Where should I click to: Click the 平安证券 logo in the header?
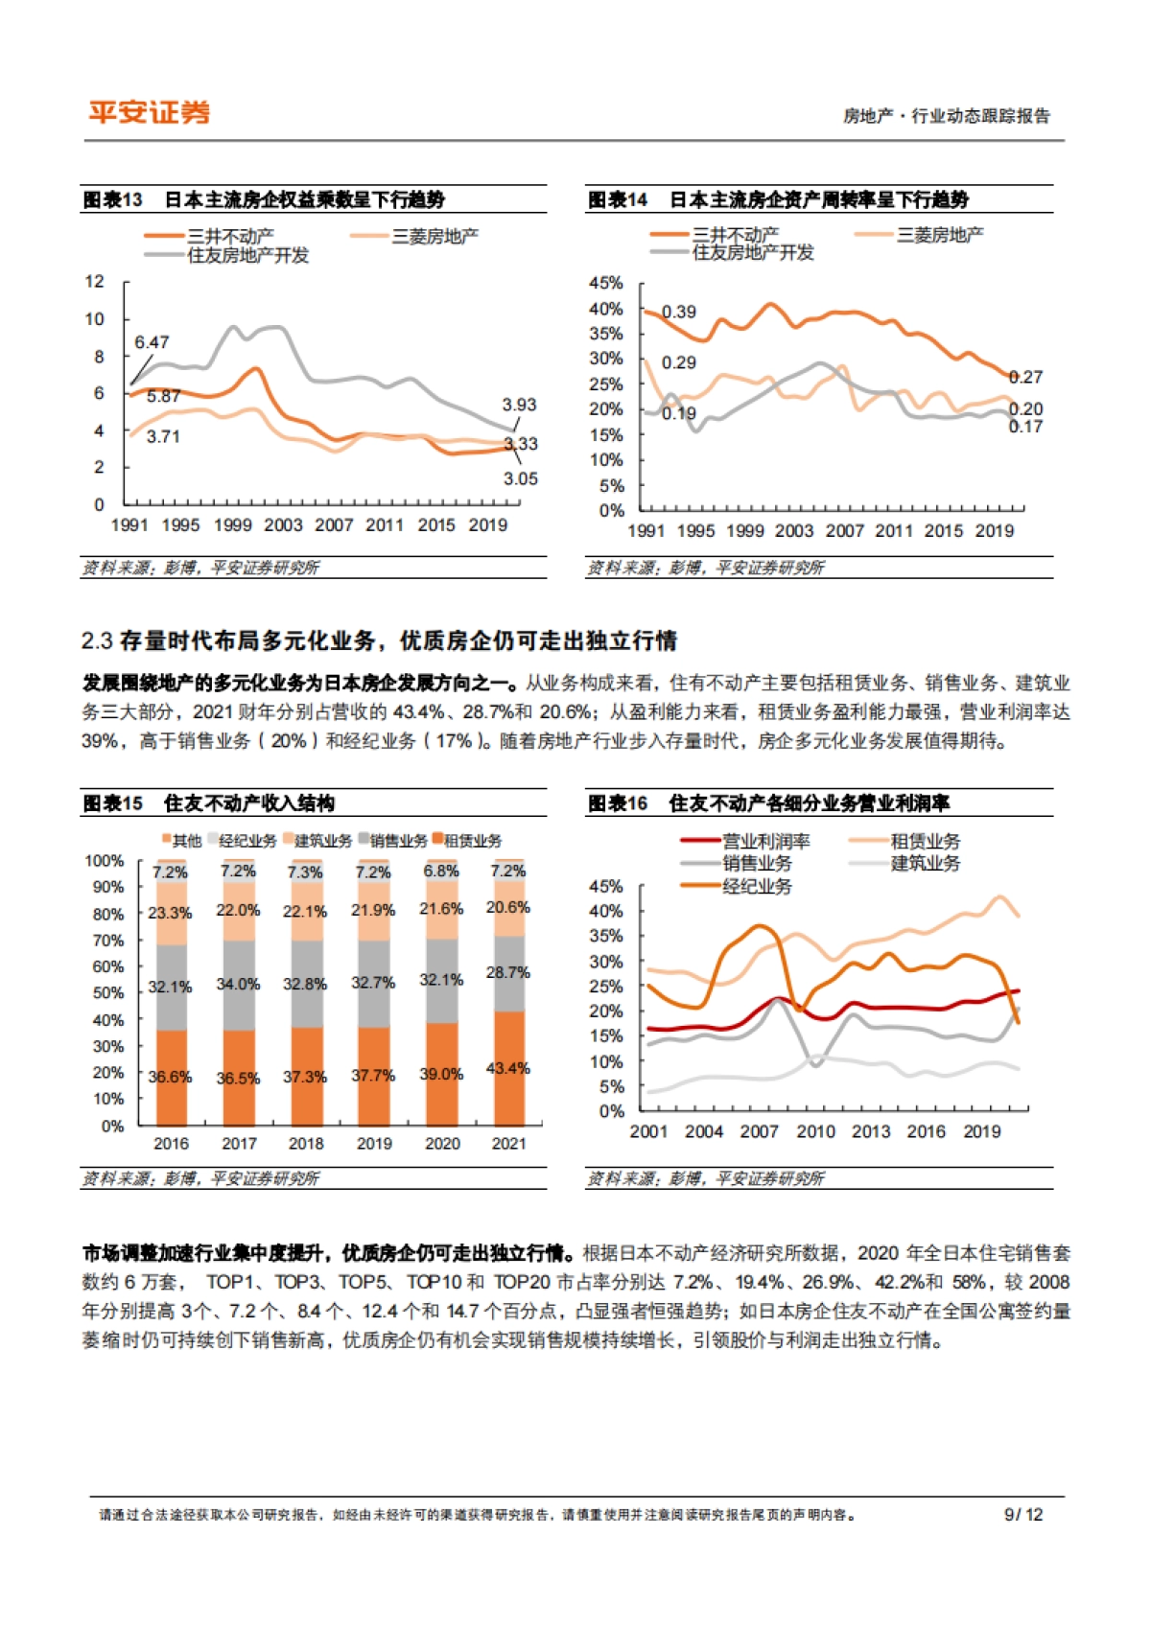click(150, 113)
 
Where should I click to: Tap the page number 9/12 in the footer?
click(1022, 1515)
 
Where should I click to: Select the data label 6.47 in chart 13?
click(152, 342)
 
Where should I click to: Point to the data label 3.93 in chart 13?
click(519, 405)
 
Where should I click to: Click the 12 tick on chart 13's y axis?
click(94, 282)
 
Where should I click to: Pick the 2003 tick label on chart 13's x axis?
click(283, 525)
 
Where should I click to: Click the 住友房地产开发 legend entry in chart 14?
click(753, 253)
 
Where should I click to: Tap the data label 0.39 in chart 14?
click(679, 312)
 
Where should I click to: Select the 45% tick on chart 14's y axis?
click(605, 283)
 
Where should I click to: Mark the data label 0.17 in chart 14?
click(1025, 427)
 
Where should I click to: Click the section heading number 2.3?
click(97, 640)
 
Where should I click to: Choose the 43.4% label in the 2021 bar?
click(507, 1068)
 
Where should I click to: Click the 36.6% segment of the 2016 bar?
click(170, 1077)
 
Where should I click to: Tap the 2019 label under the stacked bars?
click(374, 1144)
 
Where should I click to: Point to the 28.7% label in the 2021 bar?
click(507, 972)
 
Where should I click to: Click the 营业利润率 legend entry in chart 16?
click(765, 842)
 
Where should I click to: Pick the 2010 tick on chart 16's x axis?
click(815, 1131)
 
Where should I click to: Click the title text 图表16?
click(617, 803)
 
